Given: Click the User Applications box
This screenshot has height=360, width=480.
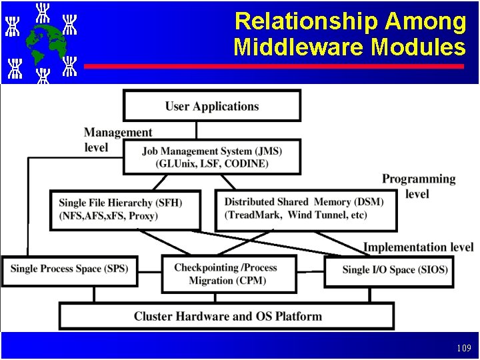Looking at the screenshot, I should (212, 106).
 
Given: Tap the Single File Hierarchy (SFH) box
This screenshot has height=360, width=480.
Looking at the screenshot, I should (125, 209).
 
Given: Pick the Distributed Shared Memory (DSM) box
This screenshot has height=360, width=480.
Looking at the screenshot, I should (306, 209).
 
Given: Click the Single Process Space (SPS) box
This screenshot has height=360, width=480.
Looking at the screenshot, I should (69, 269).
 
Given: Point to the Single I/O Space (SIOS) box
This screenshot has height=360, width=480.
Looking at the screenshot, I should (395, 270).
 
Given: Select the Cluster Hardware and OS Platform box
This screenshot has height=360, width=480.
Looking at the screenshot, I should (227, 316).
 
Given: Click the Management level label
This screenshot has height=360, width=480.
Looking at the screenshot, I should (117, 140).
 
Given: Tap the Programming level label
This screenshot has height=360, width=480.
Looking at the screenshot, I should (419, 186).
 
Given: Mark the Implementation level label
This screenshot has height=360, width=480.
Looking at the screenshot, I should (418, 247).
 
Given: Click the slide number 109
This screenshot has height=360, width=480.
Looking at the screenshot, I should (464, 348).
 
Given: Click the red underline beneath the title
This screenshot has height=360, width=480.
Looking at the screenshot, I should (274, 67).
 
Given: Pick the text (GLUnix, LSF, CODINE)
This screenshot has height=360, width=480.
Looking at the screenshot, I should (212, 163).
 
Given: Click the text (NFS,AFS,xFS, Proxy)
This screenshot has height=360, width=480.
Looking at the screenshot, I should (109, 215).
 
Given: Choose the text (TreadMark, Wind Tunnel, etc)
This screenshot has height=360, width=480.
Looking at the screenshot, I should (296, 215).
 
